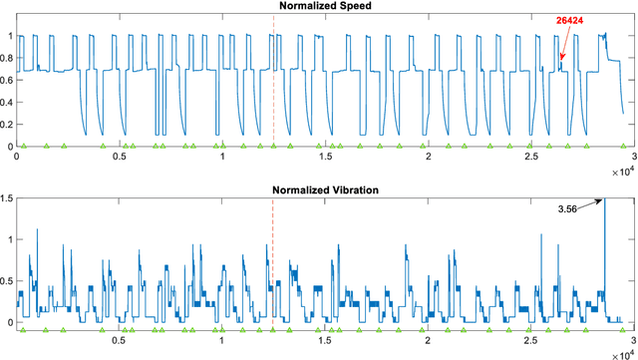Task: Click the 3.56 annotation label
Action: click(571, 208)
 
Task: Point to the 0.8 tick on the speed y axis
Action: click(8, 57)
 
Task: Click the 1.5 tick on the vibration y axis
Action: click(8, 198)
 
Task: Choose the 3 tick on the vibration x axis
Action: click(633, 340)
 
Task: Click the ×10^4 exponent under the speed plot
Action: click(618, 171)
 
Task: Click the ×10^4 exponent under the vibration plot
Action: click(618, 353)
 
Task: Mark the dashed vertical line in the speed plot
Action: click(273, 80)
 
